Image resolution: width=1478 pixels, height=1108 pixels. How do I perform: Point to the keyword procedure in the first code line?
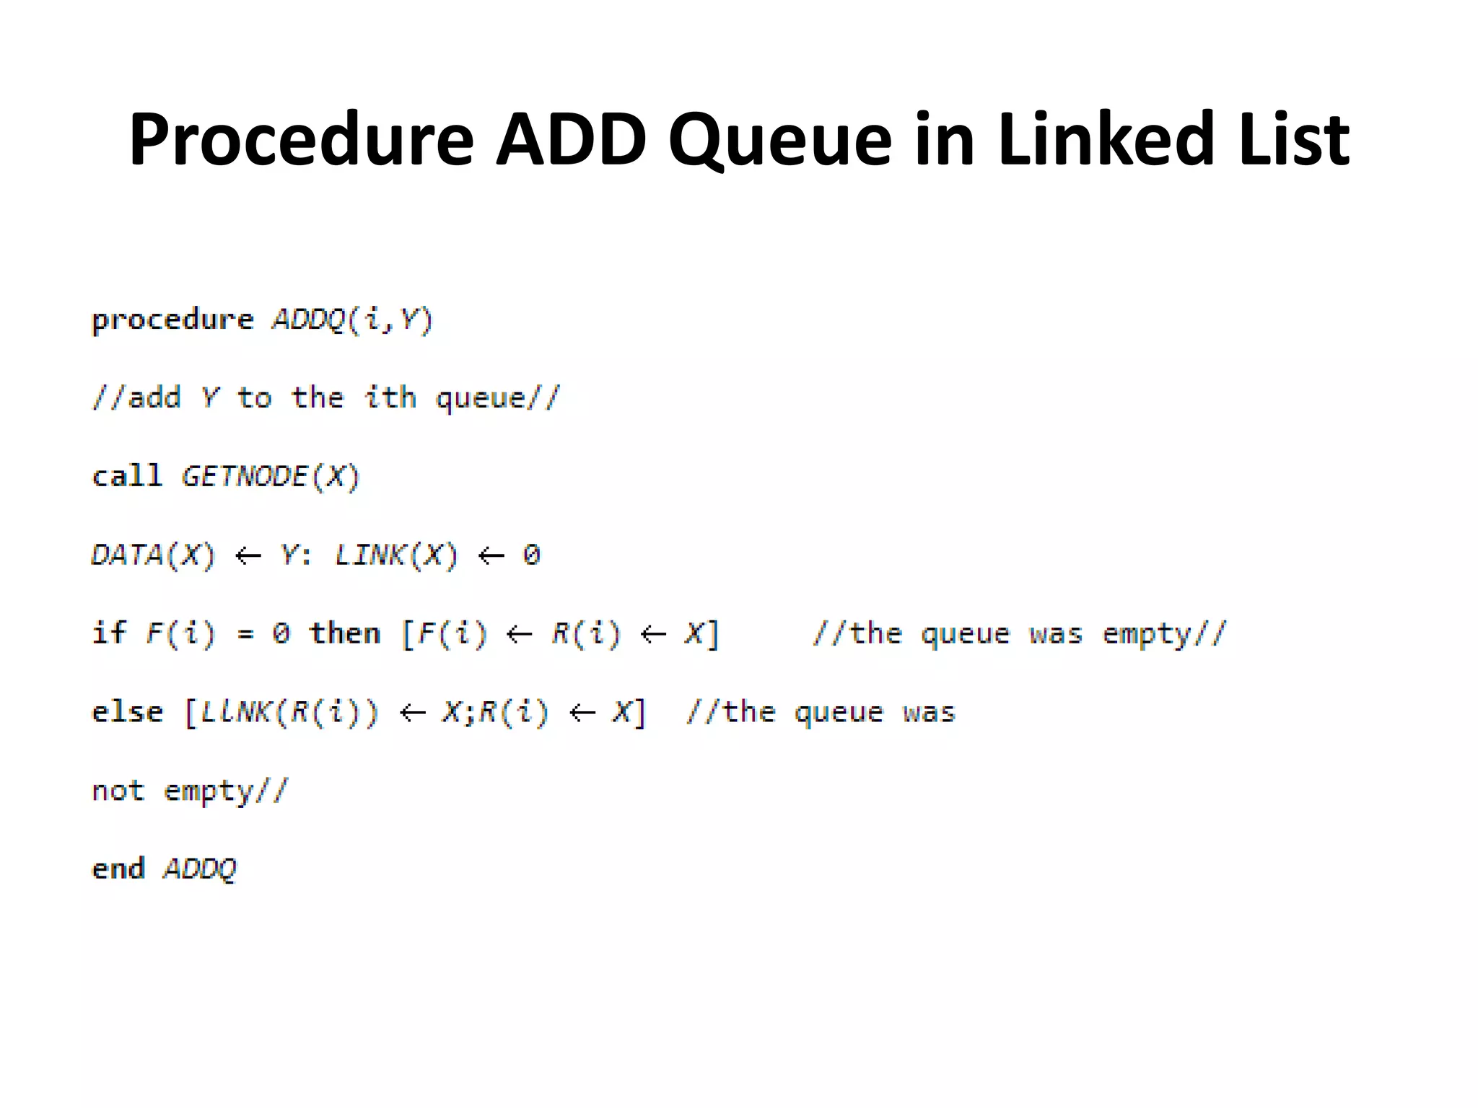[x=172, y=320]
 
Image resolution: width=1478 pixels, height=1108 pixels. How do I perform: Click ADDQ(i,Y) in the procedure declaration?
[x=352, y=319]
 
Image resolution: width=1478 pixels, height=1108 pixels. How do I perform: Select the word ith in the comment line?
[x=390, y=397]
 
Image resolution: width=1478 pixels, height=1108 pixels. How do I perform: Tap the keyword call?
[x=127, y=476]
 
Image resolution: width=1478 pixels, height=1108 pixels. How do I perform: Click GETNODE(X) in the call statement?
[x=271, y=477]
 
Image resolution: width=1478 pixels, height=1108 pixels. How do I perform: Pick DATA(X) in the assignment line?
[x=153, y=555]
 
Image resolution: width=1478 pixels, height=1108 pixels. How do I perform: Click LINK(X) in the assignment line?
[x=396, y=555]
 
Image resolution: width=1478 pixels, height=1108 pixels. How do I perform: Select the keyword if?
[x=109, y=633]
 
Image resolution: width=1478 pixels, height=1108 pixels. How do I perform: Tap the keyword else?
[x=127, y=713]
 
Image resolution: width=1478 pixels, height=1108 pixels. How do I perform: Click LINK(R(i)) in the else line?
[x=289, y=713]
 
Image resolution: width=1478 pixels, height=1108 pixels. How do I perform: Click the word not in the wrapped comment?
[x=118, y=791]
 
